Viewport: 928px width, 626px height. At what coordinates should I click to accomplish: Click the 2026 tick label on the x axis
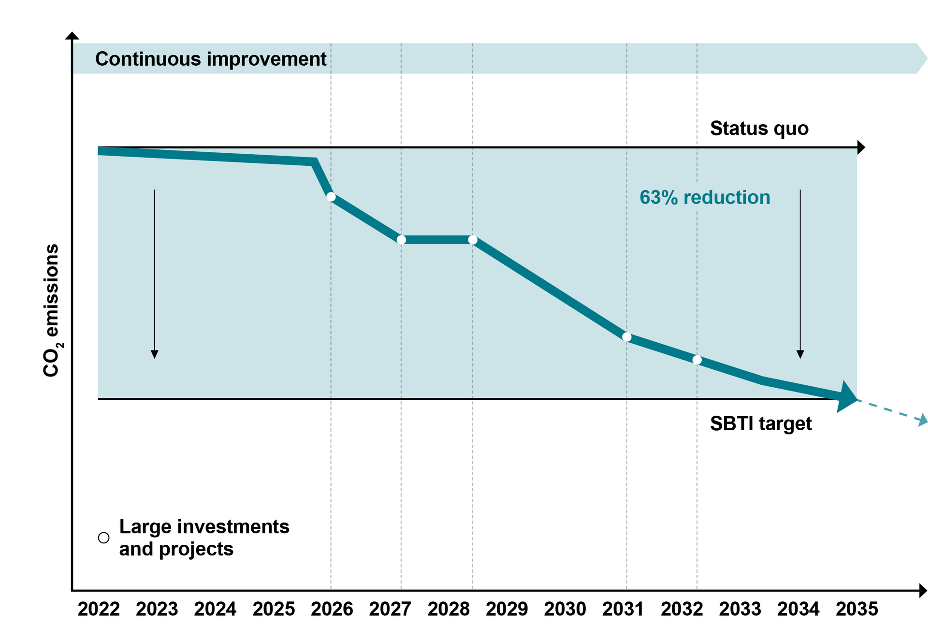click(x=332, y=609)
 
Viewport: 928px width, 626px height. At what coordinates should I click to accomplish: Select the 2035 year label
click(x=856, y=609)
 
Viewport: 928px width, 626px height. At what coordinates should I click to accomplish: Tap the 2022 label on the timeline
click(x=99, y=609)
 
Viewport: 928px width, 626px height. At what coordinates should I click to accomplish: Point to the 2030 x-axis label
click(x=565, y=609)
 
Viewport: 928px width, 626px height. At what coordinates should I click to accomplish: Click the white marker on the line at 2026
click(x=331, y=197)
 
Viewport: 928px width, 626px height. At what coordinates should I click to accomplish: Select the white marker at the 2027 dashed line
click(x=401, y=240)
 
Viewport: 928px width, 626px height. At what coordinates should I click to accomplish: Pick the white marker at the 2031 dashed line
click(x=627, y=337)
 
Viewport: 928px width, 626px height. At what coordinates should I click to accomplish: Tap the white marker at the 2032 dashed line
click(x=697, y=360)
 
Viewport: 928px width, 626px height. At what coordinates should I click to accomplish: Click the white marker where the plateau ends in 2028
click(x=473, y=240)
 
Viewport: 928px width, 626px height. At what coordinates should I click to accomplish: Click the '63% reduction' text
click(x=705, y=198)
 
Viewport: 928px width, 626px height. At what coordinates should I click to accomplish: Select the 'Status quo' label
click(x=759, y=129)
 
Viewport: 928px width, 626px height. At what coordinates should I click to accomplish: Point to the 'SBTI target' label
click(x=760, y=424)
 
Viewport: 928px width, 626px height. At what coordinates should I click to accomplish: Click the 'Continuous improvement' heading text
click(x=211, y=59)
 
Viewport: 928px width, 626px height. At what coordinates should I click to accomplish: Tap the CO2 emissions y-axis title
click(x=51, y=310)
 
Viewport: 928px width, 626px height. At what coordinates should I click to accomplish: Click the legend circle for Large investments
click(x=103, y=538)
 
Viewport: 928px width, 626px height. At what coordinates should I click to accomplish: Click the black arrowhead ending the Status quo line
click(x=861, y=147)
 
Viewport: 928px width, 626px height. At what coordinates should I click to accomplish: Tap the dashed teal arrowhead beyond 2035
click(x=922, y=420)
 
